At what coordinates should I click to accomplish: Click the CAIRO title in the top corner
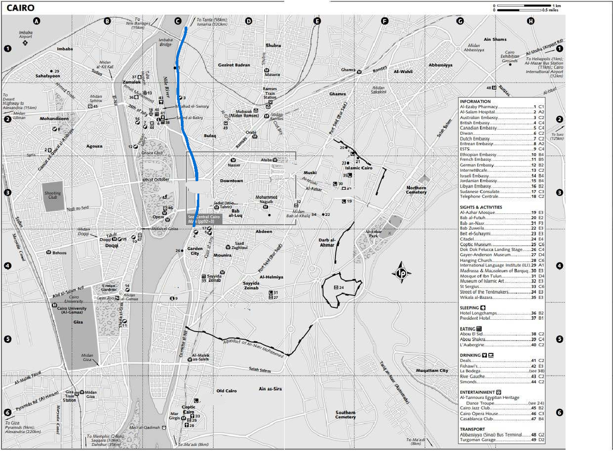click(20, 8)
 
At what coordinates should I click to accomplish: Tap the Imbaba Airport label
click(26, 34)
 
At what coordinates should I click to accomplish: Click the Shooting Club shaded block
click(53, 195)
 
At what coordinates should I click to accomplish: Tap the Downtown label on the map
click(231, 181)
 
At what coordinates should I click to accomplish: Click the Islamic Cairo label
click(361, 168)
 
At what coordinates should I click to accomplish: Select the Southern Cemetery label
click(345, 415)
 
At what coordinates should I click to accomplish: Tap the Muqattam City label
click(432, 370)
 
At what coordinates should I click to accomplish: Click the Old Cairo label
click(226, 391)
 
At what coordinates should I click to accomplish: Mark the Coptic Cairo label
click(189, 409)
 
